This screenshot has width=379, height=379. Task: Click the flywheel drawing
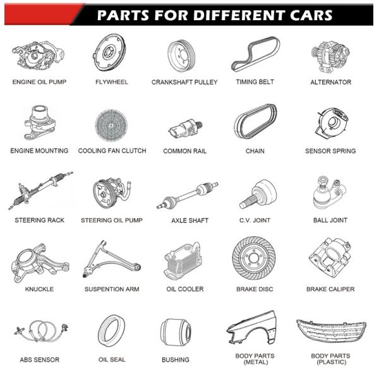(x=110, y=52)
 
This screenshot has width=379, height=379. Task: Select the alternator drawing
(x=330, y=57)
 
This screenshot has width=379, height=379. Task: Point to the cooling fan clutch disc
(x=111, y=125)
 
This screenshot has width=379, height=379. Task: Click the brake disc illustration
(x=254, y=258)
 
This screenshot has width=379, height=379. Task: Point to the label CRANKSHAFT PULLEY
(x=184, y=82)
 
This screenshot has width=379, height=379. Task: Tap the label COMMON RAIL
(x=185, y=151)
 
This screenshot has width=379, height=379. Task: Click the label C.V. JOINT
(x=255, y=220)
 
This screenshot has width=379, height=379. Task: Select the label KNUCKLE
(x=39, y=289)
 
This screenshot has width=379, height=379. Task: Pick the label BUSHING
(x=176, y=359)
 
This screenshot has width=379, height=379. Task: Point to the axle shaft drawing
(x=188, y=195)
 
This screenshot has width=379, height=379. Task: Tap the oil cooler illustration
(x=183, y=261)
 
